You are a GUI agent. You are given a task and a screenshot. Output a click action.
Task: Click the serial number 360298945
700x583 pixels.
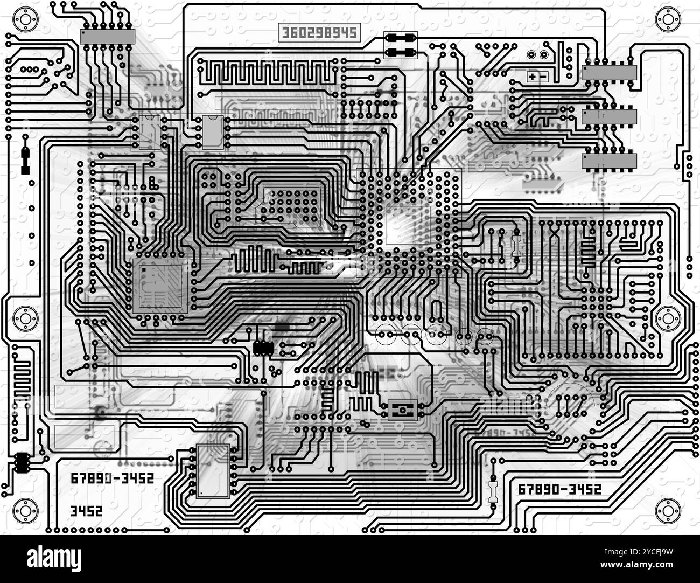tap(318, 32)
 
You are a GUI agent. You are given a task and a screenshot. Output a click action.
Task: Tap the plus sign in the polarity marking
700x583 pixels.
tap(532, 77)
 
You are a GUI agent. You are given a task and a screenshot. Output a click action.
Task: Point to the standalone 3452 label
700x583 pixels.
tap(86, 511)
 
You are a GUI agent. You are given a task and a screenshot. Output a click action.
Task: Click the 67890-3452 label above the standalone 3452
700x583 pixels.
tap(112, 478)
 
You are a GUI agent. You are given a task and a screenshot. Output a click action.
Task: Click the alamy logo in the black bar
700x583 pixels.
tap(54, 557)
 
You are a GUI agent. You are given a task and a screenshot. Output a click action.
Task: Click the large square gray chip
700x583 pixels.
tap(160, 286)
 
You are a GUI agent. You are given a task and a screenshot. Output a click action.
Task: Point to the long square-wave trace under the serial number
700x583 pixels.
tap(267, 71)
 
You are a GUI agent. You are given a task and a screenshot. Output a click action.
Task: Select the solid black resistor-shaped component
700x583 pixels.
tap(25, 155)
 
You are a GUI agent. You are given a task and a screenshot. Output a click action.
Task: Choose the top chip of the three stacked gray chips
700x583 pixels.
tap(609, 72)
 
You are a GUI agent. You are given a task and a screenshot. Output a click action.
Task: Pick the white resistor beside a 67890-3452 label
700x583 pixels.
tap(493, 491)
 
